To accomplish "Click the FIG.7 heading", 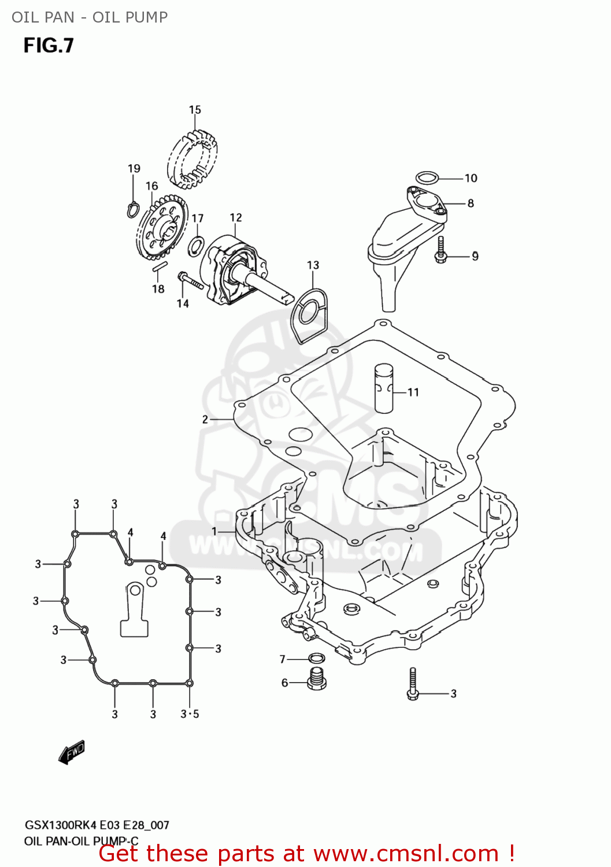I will [49, 45].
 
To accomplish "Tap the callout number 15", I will [195, 110].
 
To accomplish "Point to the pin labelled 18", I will [160, 267].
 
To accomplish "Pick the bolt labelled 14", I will [190, 281].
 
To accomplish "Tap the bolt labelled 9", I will [441, 251].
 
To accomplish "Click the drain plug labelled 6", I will [316, 679].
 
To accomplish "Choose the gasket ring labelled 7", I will [317, 658].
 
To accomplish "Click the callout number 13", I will [313, 265].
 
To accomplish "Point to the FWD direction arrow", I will [72, 751].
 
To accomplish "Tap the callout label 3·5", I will [190, 714].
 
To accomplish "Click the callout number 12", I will [236, 217].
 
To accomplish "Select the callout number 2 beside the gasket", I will [205, 419].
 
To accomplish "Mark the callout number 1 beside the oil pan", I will [214, 531].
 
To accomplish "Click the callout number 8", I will [471, 203].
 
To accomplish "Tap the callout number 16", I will [151, 186].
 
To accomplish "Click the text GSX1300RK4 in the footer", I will [61, 825].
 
